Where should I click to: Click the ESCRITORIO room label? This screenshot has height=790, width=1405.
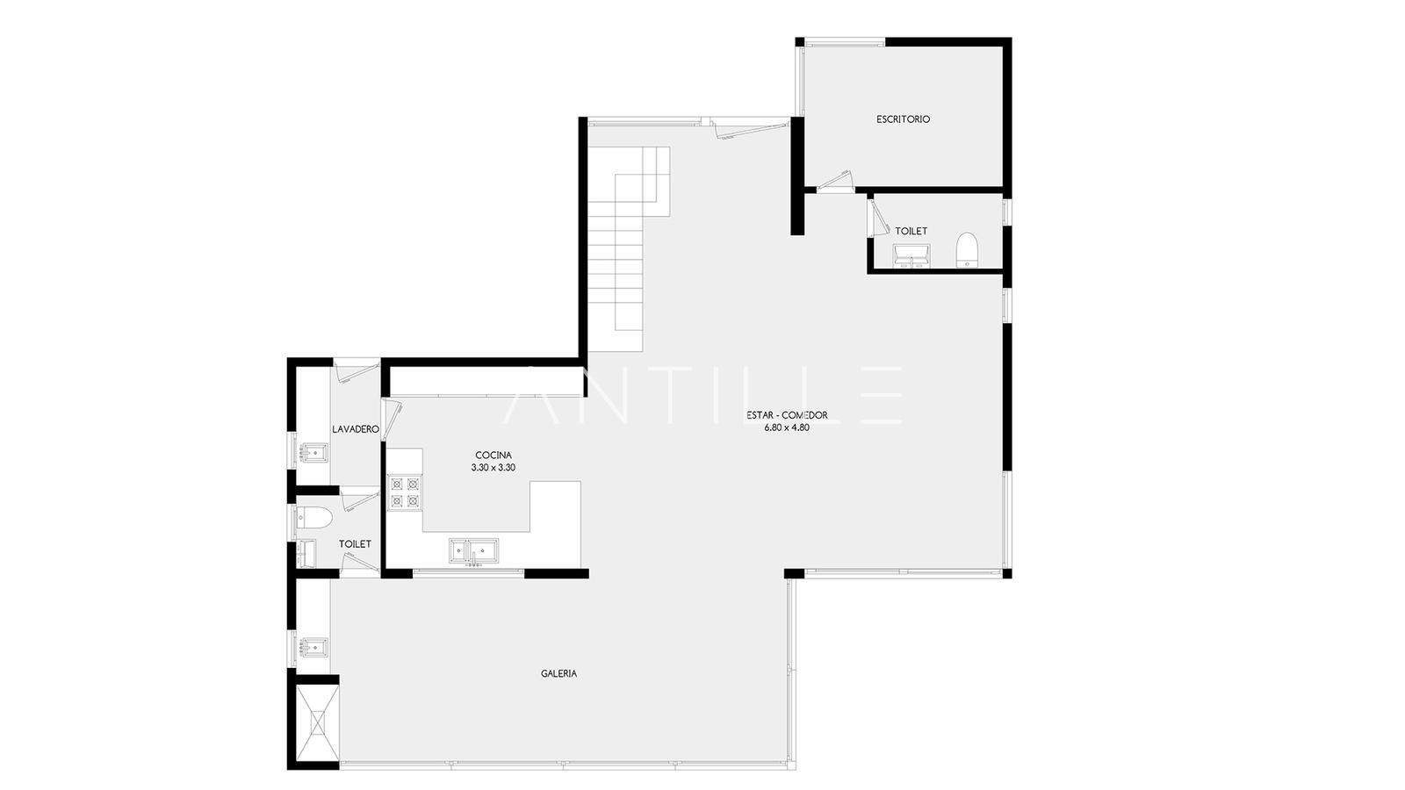click(904, 119)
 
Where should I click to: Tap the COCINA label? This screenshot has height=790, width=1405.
click(493, 456)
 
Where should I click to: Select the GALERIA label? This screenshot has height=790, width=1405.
click(558, 673)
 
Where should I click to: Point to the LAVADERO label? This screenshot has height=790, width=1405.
click(355, 429)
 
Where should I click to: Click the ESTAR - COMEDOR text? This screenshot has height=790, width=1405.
click(787, 415)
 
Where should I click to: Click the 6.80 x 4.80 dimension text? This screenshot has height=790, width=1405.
click(787, 427)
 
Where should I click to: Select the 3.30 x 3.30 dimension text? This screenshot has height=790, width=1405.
click(493, 468)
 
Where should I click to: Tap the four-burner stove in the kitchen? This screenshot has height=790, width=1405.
click(405, 492)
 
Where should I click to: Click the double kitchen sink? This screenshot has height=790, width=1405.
click(474, 551)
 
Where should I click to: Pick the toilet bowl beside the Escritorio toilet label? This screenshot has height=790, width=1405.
click(967, 250)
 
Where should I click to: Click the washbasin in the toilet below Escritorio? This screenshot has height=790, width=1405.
click(911, 256)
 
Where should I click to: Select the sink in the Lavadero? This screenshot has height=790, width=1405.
click(313, 453)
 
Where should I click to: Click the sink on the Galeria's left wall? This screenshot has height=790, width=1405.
click(313, 647)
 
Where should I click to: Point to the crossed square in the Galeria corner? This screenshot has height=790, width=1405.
click(317, 723)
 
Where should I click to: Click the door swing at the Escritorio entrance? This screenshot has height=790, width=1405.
click(835, 181)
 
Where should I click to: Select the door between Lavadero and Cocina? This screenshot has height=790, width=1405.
click(392, 418)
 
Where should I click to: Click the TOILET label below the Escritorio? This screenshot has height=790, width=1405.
click(911, 232)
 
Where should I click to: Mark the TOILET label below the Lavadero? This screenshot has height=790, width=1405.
click(355, 544)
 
